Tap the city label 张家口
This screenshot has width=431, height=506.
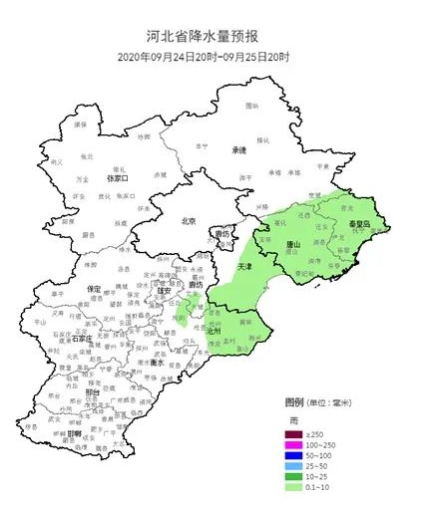117,177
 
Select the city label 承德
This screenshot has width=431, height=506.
238,150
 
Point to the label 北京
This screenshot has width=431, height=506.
190,221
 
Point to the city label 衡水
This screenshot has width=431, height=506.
155,363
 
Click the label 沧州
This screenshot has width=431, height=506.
213,330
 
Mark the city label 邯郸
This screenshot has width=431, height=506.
74,434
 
